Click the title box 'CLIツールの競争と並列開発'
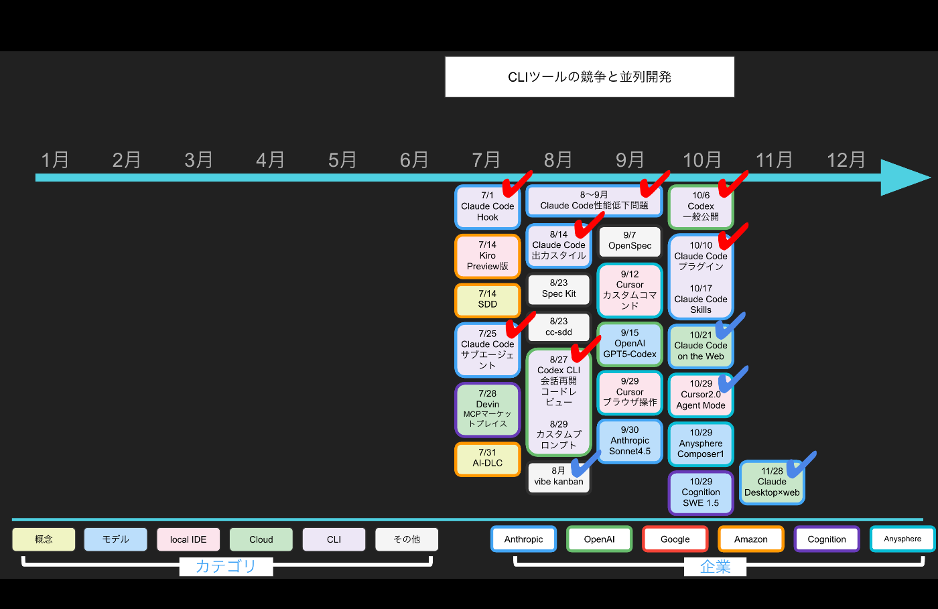point(590,77)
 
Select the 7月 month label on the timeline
point(486,160)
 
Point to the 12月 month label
point(846,160)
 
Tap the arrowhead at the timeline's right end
point(904,178)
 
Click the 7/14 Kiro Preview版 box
point(488,256)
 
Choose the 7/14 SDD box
point(488,300)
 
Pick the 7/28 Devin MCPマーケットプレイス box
point(488,409)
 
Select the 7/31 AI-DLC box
point(488,459)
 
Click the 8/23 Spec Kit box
point(559,289)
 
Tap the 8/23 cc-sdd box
point(559,328)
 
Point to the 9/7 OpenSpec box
point(630,241)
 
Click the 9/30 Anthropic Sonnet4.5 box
point(630,441)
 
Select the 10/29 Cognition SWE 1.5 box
point(701,492)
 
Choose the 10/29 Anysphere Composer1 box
point(701,444)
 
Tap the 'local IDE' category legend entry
point(188,539)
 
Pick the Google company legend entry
point(675,539)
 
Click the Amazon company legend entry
point(750,539)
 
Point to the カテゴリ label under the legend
point(226,567)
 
